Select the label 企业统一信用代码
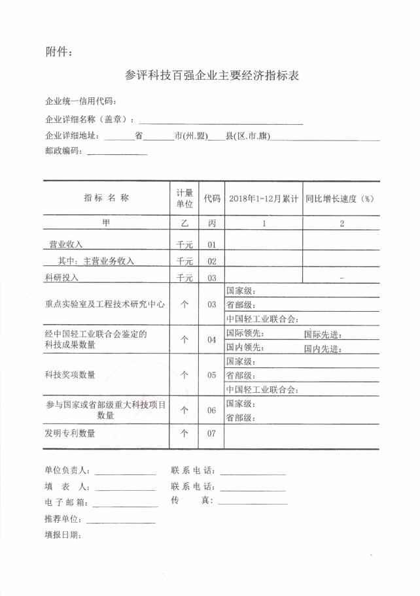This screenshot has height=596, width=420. pyautogui.click(x=80, y=103)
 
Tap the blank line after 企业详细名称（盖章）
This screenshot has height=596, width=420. pyautogui.click(x=221, y=122)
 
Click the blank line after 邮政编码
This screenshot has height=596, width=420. pyautogui.click(x=116, y=152)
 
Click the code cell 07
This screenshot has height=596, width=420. pyautogui.click(x=211, y=433)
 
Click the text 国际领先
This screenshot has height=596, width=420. pyautogui.click(x=244, y=334)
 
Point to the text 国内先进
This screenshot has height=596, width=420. pyautogui.click(x=323, y=349)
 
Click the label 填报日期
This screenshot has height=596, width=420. pyautogui.click(x=62, y=535)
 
